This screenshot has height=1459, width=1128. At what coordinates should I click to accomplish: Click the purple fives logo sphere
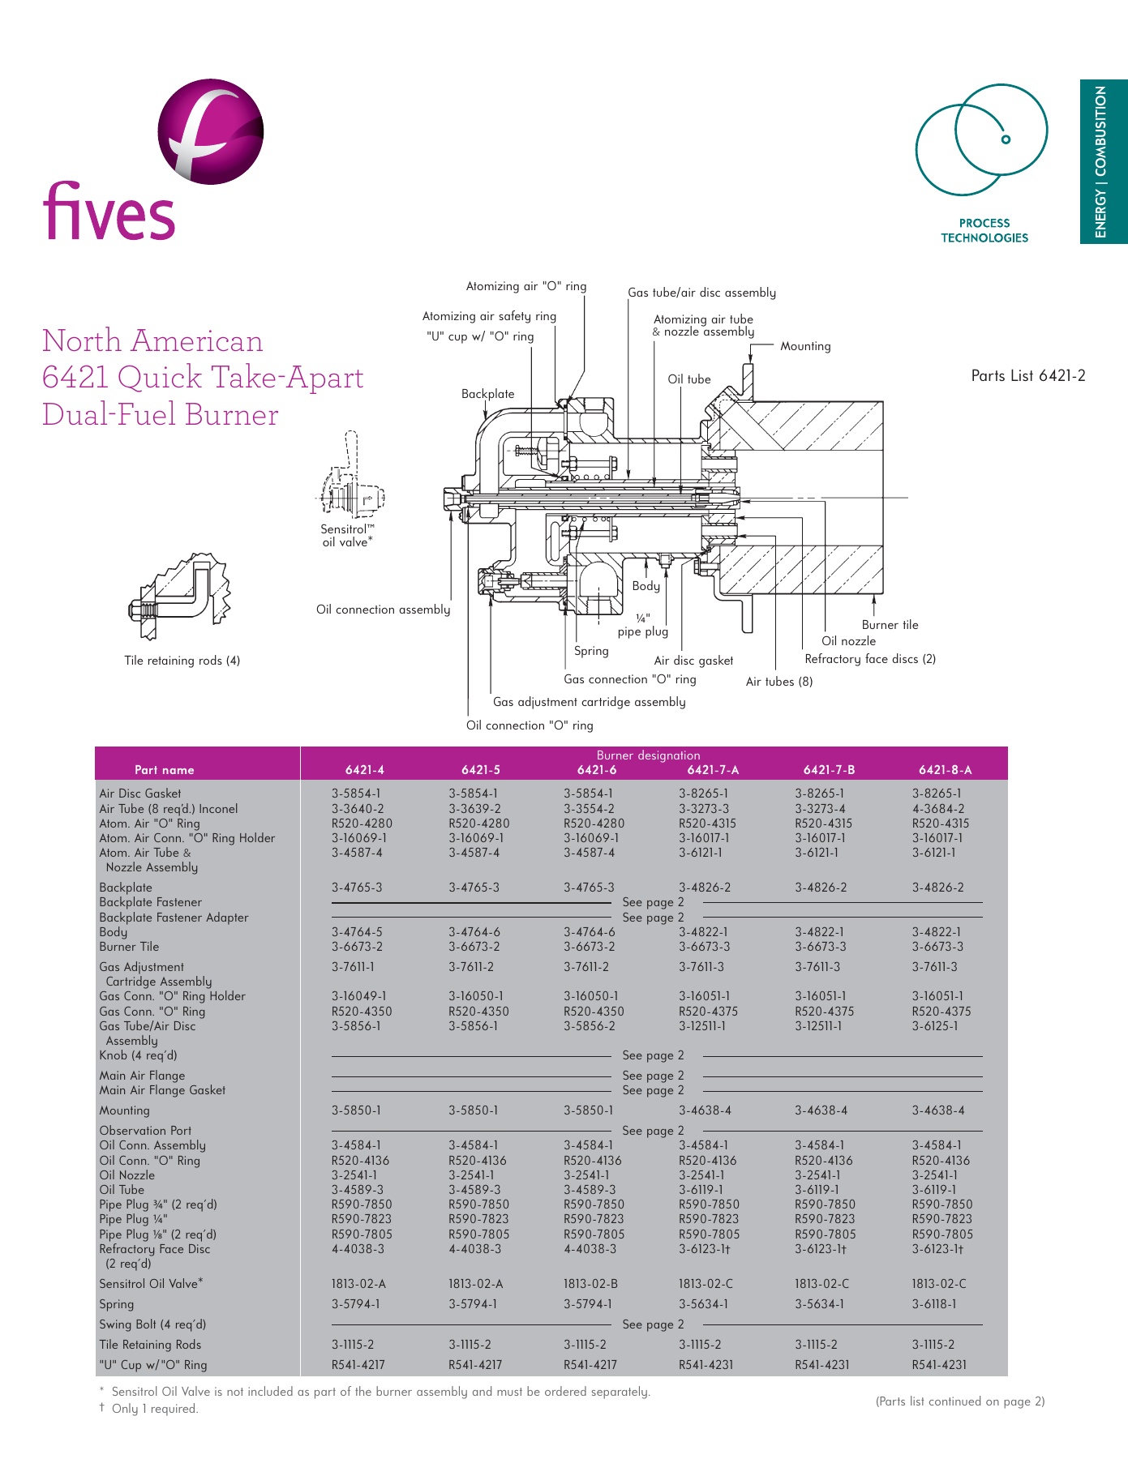pos(211,131)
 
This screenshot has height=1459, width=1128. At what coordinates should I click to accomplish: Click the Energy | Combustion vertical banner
pos(1102,161)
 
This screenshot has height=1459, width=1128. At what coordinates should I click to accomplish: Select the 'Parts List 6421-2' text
pos(1027,375)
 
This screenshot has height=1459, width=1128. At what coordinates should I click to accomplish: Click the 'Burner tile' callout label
pos(890,625)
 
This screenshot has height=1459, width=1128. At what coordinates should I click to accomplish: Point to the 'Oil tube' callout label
pos(688,379)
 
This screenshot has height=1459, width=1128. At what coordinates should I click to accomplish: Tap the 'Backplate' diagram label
pos(487,394)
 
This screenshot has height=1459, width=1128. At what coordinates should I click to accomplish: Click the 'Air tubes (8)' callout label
pos(778,682)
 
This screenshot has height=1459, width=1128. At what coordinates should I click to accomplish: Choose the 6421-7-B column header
pos(829,770)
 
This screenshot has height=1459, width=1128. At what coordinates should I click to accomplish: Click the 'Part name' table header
pos(164,770)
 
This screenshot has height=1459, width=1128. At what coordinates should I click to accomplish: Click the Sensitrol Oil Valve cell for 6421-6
pos(590,1284)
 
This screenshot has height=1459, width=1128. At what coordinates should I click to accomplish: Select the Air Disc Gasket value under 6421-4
pos(355,794)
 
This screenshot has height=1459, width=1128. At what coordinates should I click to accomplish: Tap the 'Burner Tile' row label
pos(129,947)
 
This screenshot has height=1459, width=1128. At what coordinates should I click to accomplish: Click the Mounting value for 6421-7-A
pos(705,1110)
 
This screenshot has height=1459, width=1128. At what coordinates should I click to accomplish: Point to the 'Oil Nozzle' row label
pos(127,1175)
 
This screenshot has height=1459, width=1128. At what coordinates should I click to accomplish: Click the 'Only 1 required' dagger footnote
pos(154,1409)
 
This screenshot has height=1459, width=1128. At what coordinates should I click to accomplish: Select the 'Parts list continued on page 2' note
pos(959,1401)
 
